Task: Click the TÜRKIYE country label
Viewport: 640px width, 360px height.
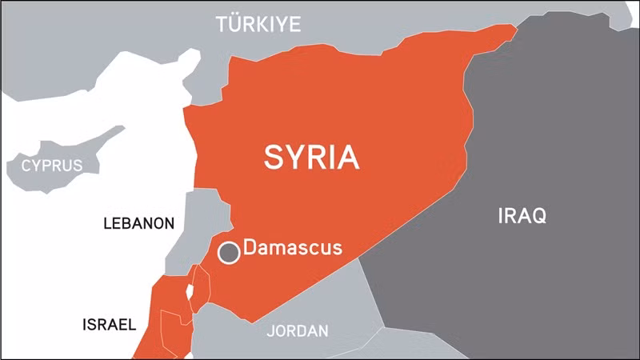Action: pyautogui.click(x=258, y=25)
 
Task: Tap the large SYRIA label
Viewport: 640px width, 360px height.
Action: pyautogui.click(x=311, y=157)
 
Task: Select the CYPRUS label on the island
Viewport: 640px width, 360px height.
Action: pyautogui.click(x=52, y=166)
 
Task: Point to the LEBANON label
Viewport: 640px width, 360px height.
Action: pyautogui.click(x=138, y=223)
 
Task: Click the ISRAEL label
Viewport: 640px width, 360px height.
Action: pyautogui.click(x=110, y=325)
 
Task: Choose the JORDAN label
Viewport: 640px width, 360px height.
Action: pyautogui.click(x=298, y=330)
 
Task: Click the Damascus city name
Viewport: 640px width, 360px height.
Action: pyautogui.click(x=292, y=247)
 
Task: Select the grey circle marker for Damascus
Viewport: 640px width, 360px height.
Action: pyautogui.click(x=230, y=253)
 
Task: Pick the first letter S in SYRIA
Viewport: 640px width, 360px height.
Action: pyautogui.click(x=274, y=157)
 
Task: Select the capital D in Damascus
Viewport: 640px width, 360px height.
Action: pyautogui.click(x=250, y=247)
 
